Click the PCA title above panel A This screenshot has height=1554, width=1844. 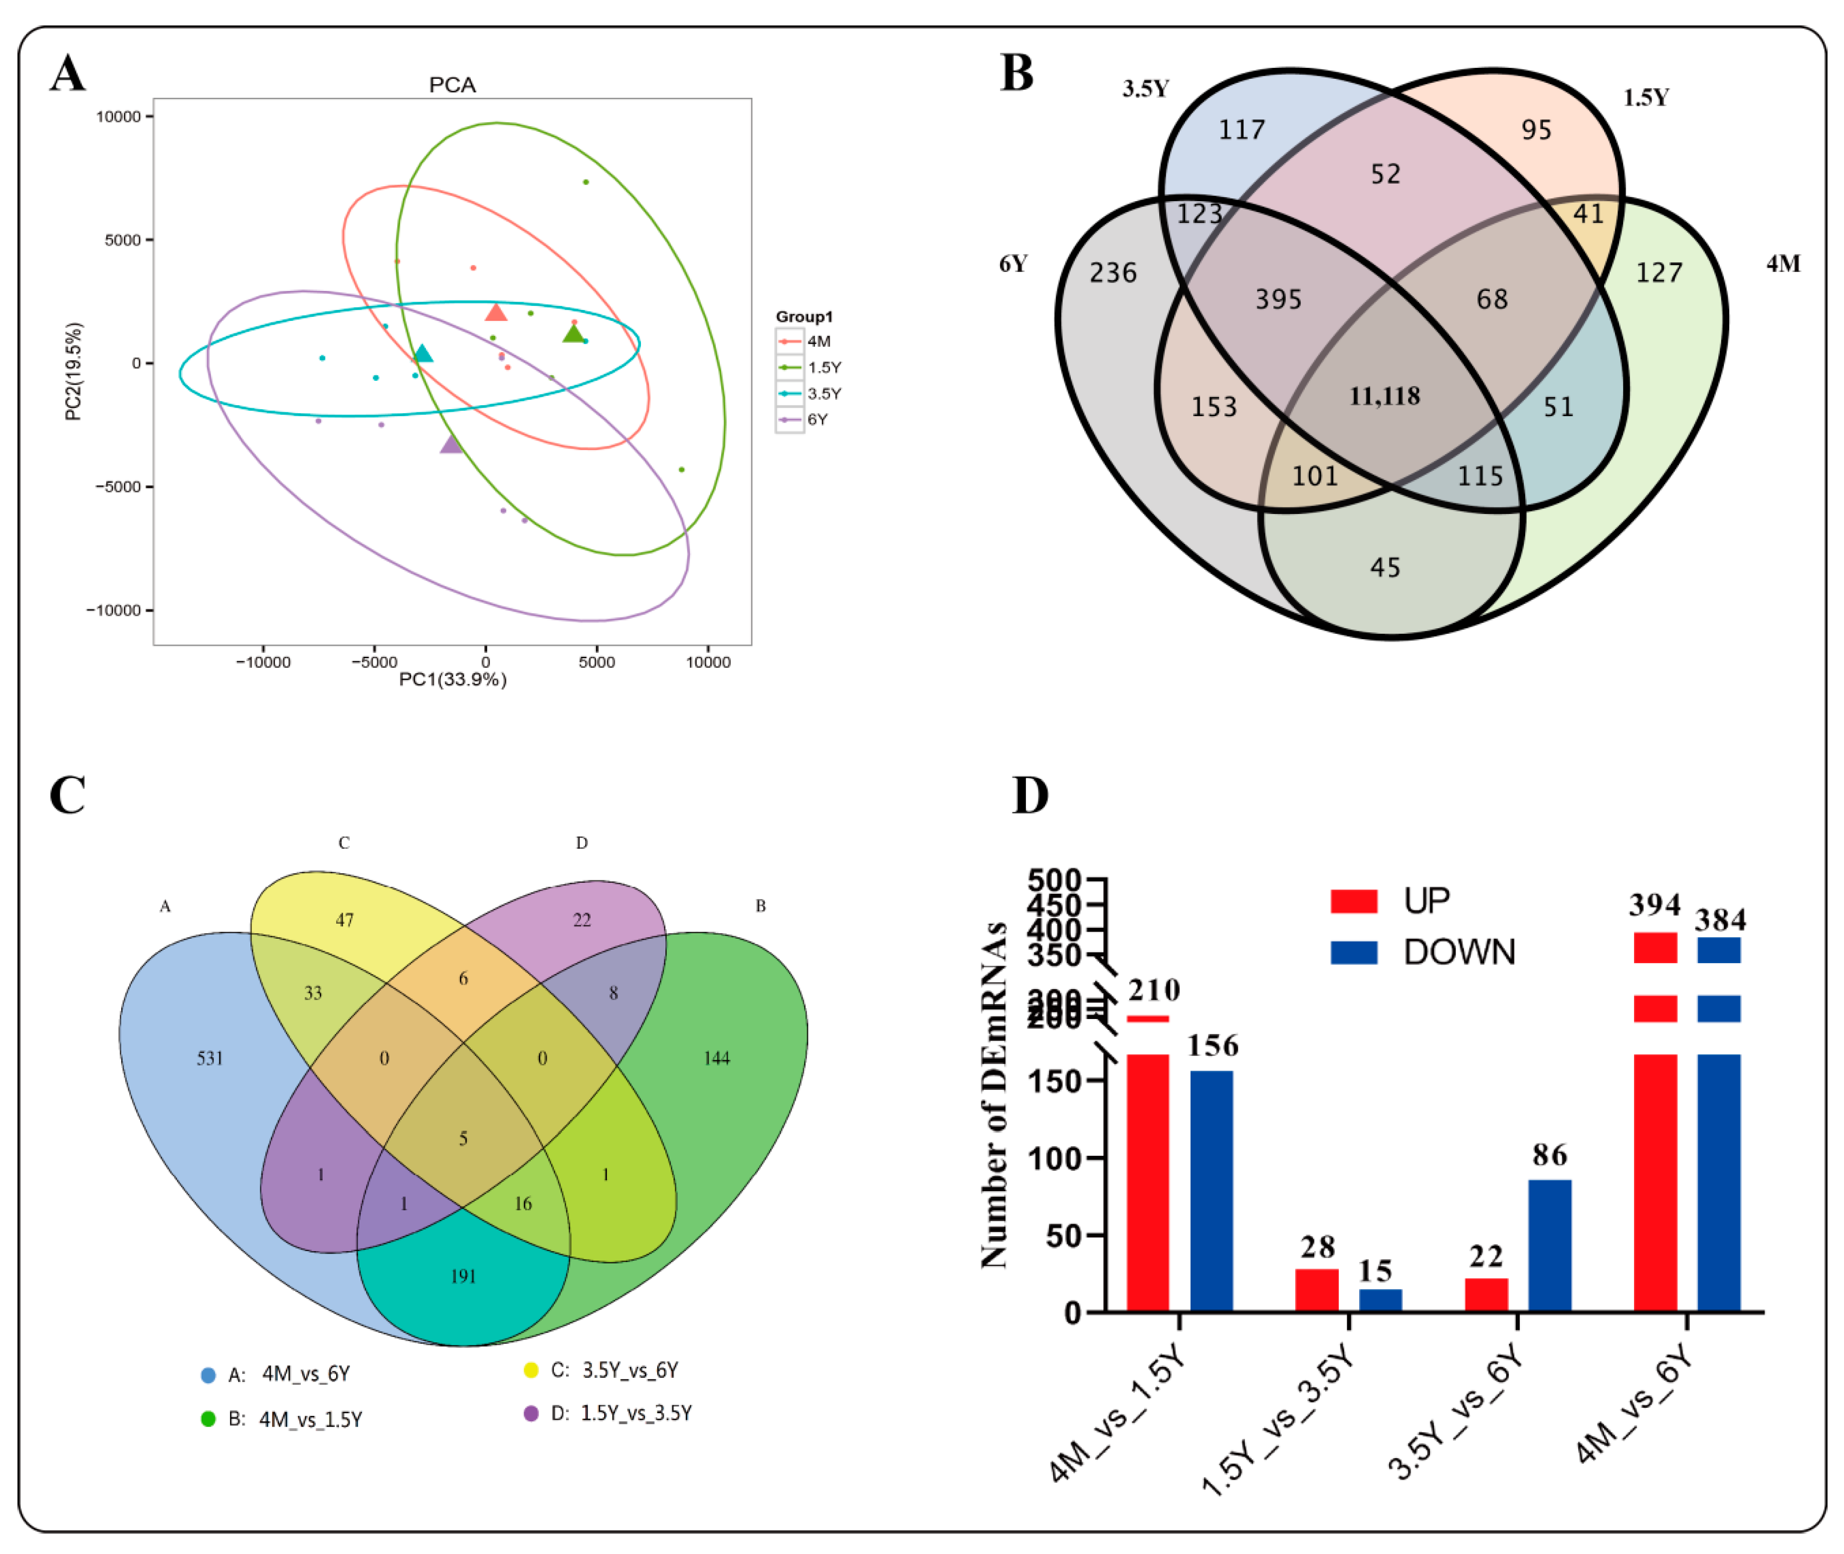(452, 84)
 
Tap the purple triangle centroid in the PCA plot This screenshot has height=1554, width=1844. (451, 445)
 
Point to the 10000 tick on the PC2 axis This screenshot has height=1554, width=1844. (118, 116)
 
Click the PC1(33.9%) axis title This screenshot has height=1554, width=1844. (452, 679)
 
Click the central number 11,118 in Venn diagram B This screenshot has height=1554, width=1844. (1384, 396)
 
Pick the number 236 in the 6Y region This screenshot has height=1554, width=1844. (1113, 273)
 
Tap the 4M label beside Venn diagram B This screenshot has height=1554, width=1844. (1782, 263)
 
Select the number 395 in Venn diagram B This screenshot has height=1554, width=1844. (1278, 299)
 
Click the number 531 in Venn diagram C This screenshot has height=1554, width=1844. (209, 1058)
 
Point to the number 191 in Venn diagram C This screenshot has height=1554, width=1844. (463, 1276)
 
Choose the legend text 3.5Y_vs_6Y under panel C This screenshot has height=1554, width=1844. (629, 1370)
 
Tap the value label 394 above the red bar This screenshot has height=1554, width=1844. (1654, 905)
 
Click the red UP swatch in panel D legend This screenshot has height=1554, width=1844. (1354, 901)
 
